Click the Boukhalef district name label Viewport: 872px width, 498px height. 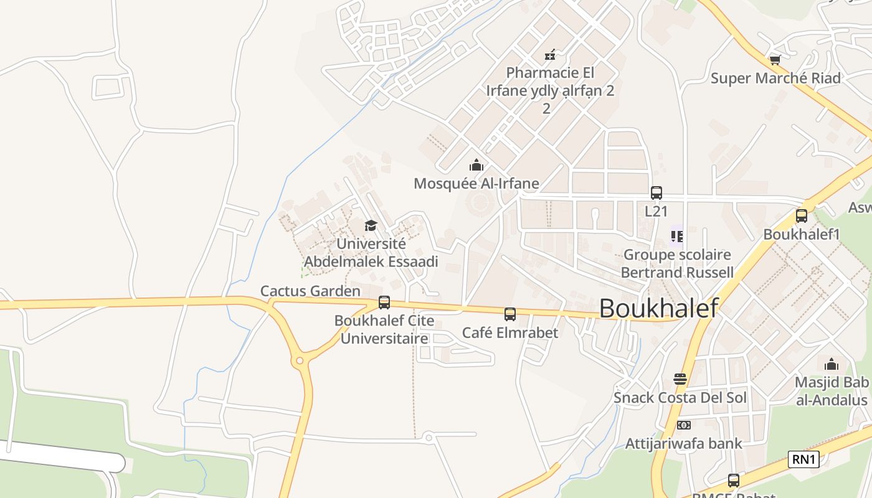tap(659, 308)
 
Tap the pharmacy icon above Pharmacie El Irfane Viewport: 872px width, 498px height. tap(550, 55)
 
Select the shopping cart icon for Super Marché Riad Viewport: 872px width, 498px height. tap(775, 60)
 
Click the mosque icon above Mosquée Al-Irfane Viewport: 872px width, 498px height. tap(476, 165)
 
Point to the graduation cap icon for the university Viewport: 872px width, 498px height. tap(371, 225)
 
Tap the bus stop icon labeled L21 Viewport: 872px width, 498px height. tap(656, 193)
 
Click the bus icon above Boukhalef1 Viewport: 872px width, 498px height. tap(802, 216)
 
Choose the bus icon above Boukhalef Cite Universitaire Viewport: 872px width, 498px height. tap(384, 303)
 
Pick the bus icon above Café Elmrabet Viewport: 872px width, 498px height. tap(510, 314)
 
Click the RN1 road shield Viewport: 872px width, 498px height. tap(803, 459)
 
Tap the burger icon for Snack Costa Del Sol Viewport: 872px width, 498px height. tap(680, 379)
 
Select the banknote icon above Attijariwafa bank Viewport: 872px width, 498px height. tap(683, 425)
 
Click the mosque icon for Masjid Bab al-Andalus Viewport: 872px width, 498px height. tap(832, 364)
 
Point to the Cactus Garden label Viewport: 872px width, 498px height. tap(310, 291)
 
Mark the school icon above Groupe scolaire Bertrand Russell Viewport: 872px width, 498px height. tap(677, 236)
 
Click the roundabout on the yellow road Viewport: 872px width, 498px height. tap(300, 360)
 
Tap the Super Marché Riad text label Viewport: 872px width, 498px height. tap(775, 78)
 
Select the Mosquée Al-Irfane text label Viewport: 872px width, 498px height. tap(476, 184)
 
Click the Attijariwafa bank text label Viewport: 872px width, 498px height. tap(684, 444)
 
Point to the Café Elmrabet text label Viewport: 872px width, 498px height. tap(510, 332)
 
